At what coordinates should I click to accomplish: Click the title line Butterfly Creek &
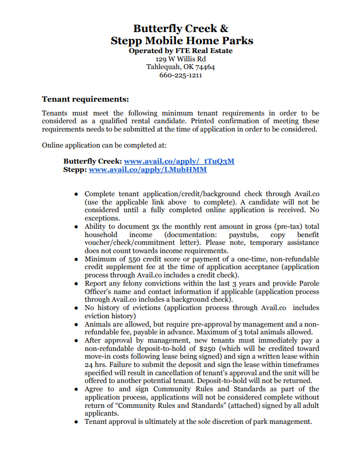(181, 28)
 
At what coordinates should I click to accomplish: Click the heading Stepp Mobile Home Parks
(182, 40)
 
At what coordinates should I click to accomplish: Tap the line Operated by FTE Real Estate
(181, 51)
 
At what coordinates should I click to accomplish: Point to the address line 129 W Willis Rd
(181, 59)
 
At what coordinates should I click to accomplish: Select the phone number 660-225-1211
(181, 75)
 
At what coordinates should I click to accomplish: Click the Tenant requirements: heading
(85, 99)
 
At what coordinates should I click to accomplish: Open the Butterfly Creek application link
(179, 161)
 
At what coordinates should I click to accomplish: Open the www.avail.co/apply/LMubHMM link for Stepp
(147, 170)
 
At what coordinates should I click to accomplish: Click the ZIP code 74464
(205, 67)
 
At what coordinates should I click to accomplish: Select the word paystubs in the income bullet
(242, 235)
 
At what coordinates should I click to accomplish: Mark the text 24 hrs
(95, 365)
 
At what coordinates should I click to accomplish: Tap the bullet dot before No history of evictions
(76, 308)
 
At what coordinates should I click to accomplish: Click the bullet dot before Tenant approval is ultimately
(76, 422)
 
